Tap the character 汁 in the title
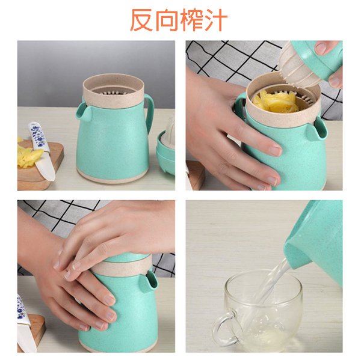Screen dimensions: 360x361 click(216, 20)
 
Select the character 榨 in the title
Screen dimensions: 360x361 click(191, 20)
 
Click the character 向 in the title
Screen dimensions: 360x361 click(167, 20)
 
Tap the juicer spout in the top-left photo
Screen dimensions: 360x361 click(82, 111)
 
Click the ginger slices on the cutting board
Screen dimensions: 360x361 click(29, 157)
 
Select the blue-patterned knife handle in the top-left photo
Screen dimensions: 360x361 click(38, 135)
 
